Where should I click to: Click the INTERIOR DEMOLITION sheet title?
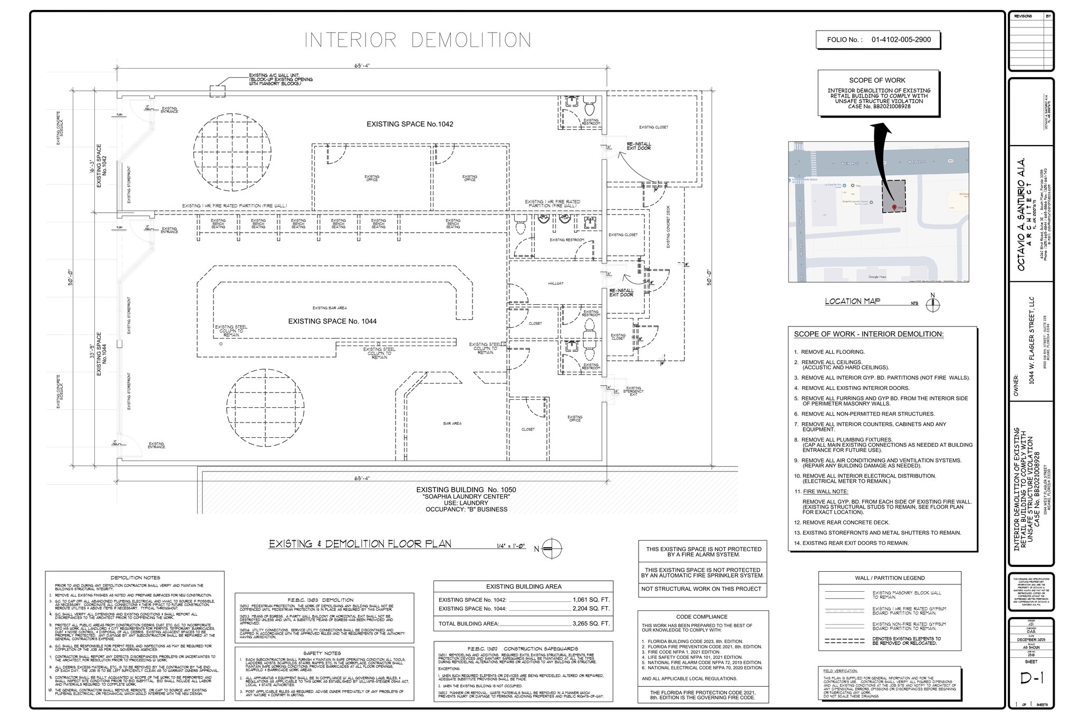(x=418, y=41)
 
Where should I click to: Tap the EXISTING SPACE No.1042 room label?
(x=410, y=124)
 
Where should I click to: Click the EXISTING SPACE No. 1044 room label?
(x=332, y=321)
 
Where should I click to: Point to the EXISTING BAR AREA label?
(x=330, y=308)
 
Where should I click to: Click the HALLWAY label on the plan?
(x=555, y=283)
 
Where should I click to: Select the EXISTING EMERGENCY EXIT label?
(x=633, y=391)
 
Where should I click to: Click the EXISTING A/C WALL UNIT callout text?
(x=281, y=80)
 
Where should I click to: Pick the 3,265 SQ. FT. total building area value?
(x=591, y=623)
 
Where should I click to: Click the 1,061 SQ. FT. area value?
(x=591, y=600)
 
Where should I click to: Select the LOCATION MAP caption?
(x=852, y=301)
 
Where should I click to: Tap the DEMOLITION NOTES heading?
(x=135, y=578)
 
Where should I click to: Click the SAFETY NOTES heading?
(x=322, y=653)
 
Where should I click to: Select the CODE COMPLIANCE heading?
(x=701, y=617)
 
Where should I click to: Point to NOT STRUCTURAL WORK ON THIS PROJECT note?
(x=701, y=589)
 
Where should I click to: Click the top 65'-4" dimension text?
(x=362, y=66)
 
